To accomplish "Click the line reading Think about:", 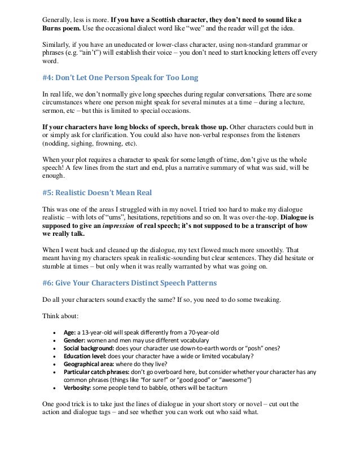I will (60, 315).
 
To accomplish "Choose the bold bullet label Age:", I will (69, 332).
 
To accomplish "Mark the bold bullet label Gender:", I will (74, 341).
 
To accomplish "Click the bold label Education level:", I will (87, 359).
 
